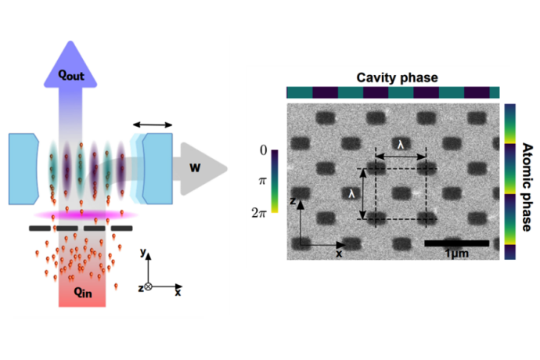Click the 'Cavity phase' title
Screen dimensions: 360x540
(x=397, y=77)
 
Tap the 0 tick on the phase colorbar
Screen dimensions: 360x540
(x=263, y=150)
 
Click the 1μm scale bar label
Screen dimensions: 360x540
(x=457, y=254)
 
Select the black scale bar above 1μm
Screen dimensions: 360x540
(x=456, y=243)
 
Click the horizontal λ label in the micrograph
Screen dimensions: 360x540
(x=400, y=146)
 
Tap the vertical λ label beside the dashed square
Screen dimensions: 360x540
(x=354, y=191)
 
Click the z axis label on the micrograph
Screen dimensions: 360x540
(x=292, y=200)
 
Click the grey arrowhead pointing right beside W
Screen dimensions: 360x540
(x=215, y=167)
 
